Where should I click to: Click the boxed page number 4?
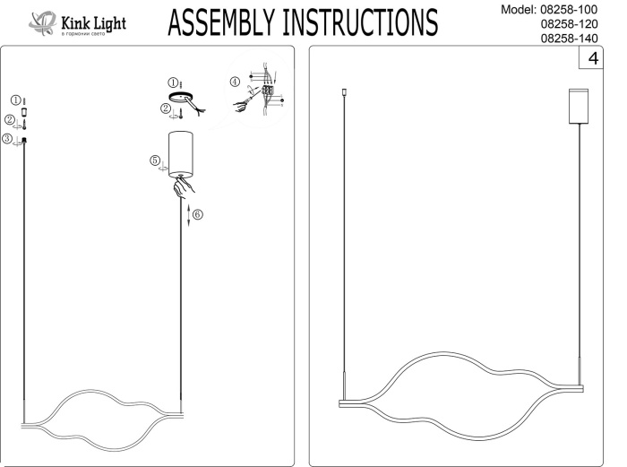(x=593, y=59)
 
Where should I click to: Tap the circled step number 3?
(x=7, y=139)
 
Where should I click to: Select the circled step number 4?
(x=235, y=82)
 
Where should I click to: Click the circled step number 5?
(x=154, y=160)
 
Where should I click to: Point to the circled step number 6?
(x=198, y=215)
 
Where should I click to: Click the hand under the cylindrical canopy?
(x=185, y=188)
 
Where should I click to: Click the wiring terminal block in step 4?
(x=266, y=90)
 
